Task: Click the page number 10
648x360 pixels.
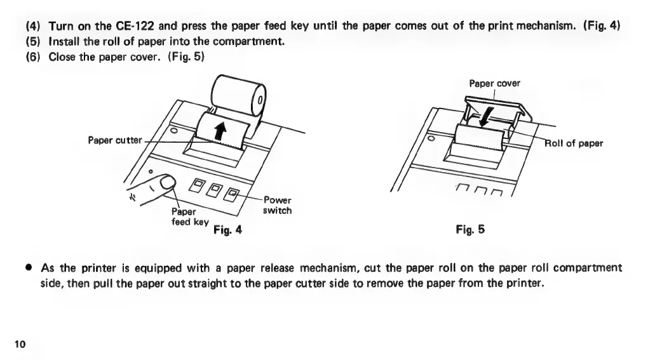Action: tap(20, 344)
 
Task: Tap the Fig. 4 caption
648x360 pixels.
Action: tap(229, 229)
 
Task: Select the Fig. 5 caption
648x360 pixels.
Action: tap(470, 229)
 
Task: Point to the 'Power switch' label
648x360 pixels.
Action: tap(277, 205)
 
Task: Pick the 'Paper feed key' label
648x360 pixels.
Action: tap(189, 217)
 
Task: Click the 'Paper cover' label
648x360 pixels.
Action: tap(495, 83)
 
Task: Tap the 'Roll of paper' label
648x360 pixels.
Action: tap(575, 143)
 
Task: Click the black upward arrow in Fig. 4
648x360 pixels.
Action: tap(220, 131)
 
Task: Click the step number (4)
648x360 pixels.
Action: tap(33, 26)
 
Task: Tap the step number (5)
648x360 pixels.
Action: tap(33, 42)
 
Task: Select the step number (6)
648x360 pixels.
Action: tap(33, 57)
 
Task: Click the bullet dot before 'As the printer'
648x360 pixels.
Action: tap(29, 267)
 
